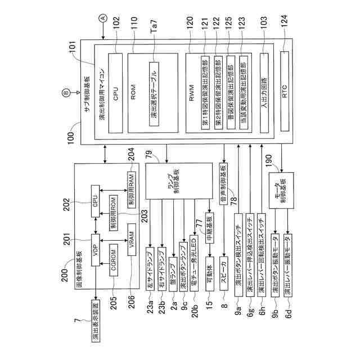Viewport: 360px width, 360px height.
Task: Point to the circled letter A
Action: (x=103, y=18)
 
